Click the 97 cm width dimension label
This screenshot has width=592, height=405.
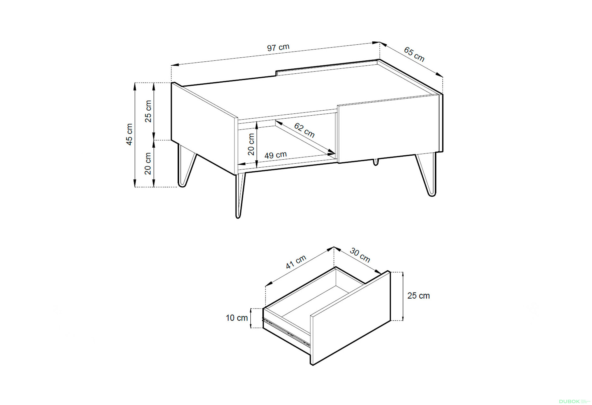coord(278,47)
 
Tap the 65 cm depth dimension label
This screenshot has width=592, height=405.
coord(414,54)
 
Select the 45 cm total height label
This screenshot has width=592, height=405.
coord(129,134)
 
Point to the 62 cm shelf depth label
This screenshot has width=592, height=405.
coord(304,130)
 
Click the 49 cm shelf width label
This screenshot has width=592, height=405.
coord(276,155)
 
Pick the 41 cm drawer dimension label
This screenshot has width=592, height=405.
coord(296,262)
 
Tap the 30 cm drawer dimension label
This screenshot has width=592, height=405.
coord(360,255)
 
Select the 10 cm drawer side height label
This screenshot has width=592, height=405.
coord(237,318)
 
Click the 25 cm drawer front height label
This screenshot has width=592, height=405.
coord(418,296)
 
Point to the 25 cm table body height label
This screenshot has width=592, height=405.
coord(148,111)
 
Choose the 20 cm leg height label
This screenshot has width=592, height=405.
coord(148,163)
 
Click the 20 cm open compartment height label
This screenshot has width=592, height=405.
coord(251,144)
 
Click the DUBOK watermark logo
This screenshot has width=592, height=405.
coord(569,401)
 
